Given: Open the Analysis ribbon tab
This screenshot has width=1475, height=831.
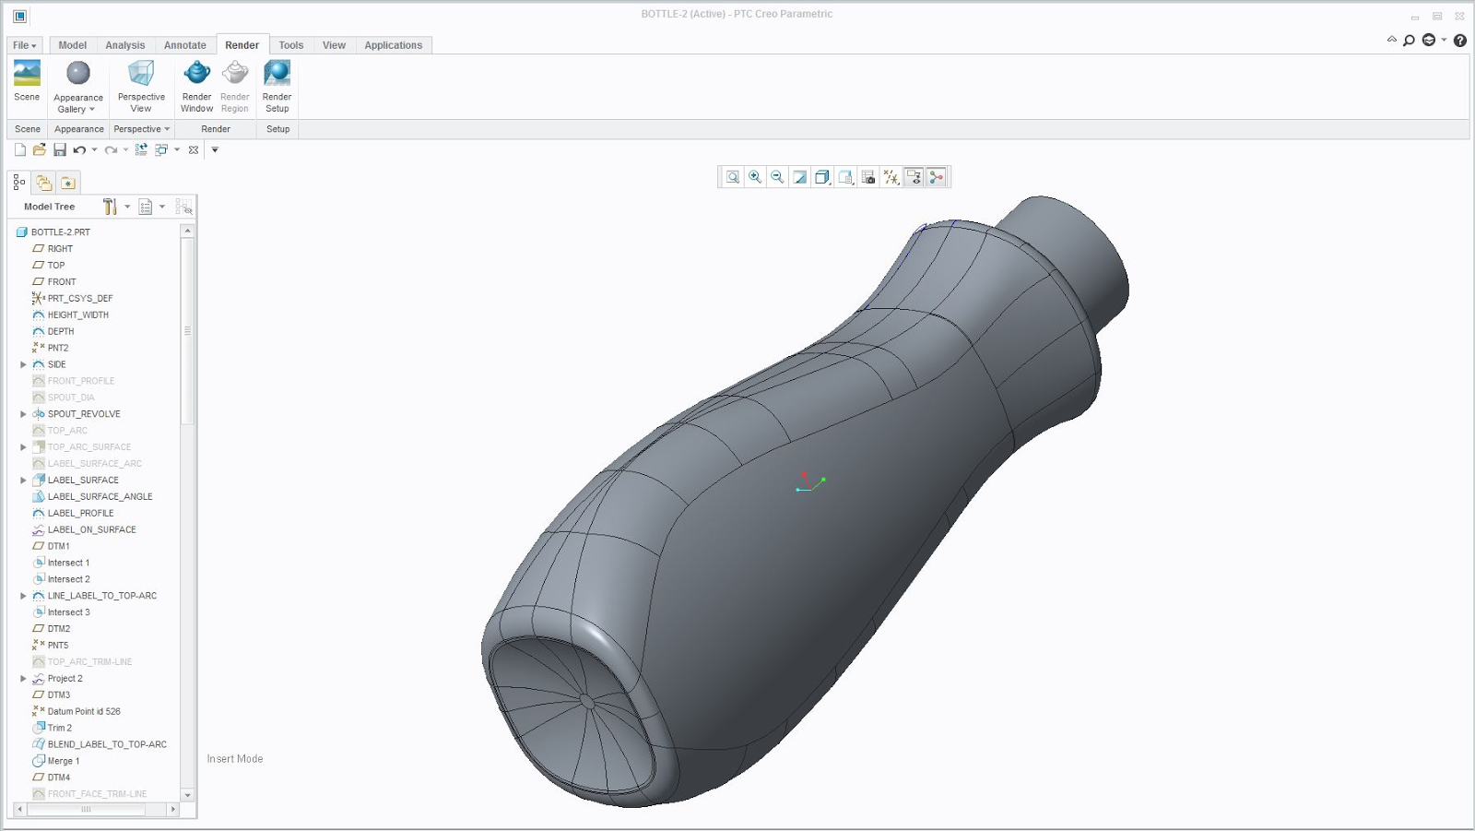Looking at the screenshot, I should [124, 45].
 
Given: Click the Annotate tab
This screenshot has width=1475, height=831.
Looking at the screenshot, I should [184, 45].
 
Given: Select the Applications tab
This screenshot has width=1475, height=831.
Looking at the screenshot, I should [393, 45].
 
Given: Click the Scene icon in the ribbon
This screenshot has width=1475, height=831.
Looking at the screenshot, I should [27, 74].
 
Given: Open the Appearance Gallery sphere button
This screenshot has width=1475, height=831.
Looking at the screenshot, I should [78, 74].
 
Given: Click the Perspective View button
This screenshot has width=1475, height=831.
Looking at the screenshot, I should [141, 74].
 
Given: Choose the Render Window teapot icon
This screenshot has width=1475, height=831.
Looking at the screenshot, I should [196, 74].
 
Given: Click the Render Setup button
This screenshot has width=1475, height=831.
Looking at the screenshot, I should [277, 74].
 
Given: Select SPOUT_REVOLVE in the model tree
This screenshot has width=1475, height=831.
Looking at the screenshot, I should [84, 414].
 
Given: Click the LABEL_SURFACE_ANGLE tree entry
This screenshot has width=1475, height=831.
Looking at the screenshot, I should [100, 497].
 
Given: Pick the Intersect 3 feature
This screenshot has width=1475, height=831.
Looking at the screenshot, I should [68, 612].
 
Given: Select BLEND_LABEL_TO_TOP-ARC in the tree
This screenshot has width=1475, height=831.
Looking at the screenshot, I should [107, 744].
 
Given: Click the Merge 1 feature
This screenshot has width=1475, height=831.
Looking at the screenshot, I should [63, 761].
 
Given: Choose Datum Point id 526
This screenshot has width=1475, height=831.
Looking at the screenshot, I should [84, 711].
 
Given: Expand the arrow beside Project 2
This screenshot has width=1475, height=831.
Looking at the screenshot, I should [23, 679].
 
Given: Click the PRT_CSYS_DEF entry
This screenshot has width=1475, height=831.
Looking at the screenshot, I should [80, 299].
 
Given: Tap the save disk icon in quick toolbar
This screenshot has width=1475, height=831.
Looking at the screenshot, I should [60, 149].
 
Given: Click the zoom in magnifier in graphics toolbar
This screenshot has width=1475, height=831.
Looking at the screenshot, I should [755, 177].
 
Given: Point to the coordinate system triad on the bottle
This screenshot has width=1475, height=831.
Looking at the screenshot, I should [808, 483].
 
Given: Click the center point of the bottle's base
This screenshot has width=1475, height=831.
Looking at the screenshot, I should [586, 701].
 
